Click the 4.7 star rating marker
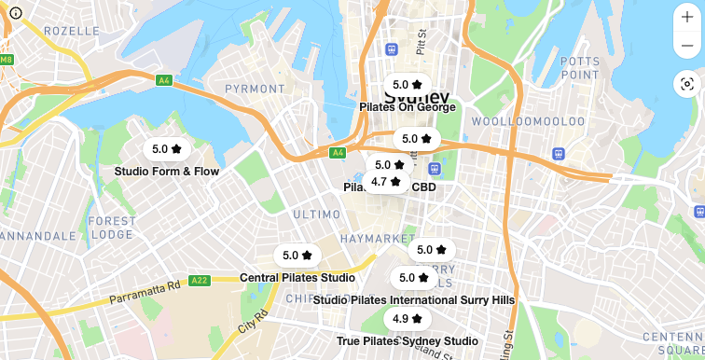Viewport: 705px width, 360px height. click(x=385, y=182)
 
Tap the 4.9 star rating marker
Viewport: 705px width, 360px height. click(x=407, y=319)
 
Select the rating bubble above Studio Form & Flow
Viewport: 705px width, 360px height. click(x=166, y=149)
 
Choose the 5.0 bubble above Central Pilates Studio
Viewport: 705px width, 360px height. click(x=297, y=256)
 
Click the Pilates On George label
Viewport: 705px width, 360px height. click(x=408, y=107)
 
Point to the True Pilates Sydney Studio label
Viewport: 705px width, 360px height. click(x=407, y=341)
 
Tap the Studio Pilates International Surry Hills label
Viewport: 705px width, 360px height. click(x=414, y=300)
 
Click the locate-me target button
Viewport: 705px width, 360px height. click(x=687, y=84)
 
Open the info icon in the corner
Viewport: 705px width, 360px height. click(x=16, y=13)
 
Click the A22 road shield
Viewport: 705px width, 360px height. click(x=199, y=280)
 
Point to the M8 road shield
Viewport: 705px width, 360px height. click(x=7, y=60)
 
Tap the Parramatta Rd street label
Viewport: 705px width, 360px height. click(x=144, y=292)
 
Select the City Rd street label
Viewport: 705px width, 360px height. click(x=248, y=323)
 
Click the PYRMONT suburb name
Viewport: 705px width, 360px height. click(x=255, y=89)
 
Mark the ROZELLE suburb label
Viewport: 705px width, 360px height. click(x=71, y=31)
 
